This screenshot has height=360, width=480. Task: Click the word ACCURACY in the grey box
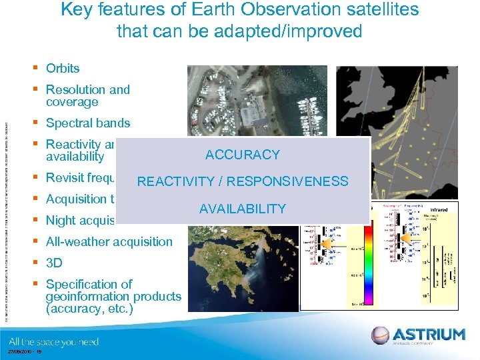click(243, 155)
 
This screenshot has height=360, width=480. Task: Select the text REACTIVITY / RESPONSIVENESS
click(243, 181)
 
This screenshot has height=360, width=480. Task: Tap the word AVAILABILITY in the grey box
click(243, 209)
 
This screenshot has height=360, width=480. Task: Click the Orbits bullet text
click(63, 68)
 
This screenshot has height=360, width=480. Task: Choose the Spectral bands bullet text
click(88, 123)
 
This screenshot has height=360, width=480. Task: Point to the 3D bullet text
click(54, 263)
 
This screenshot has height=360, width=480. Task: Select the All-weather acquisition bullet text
click(109, 241)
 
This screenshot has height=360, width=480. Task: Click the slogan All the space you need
click(53, 341)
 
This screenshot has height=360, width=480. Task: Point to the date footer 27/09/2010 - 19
click(23, 353)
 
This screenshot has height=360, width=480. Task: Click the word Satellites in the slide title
click(379, 10)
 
